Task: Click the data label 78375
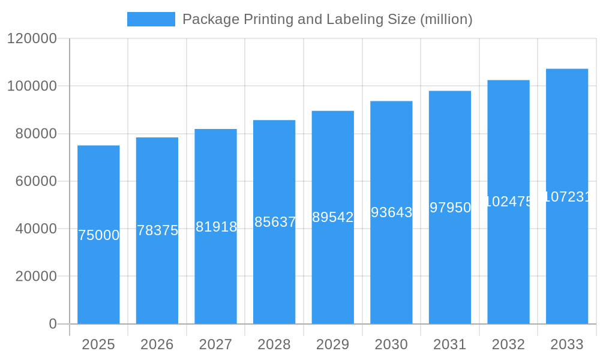pyautogui.click(x=157, y=230)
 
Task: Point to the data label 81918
pyautogui.click(x=216, y=227)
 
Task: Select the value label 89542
pyautogui.click(x=333, y=217)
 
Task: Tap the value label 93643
pyautogui.click(x=391, y=212)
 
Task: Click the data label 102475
pyautogui.click(x=508, y=202)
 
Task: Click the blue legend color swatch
pyautogui.click(x=151, y=19)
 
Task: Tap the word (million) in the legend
pyautogui.click(x=446, y=19)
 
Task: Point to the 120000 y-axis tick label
pyautogui.click(x=32, y=38)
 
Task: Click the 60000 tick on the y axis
pyautogui.click(x=36, y=181)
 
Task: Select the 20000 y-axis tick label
pyautogui.click(x=36, y=277)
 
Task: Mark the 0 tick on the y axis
pyautogui.click(x=53, y=324)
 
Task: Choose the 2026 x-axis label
pyautogui.click(x=157, y=344)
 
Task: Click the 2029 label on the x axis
pyautogui.click(x=333, y=344)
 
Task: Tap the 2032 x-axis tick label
pyautogui.click(x=508, y=344)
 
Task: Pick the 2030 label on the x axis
pyautogui.click(x=391, y=344)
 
